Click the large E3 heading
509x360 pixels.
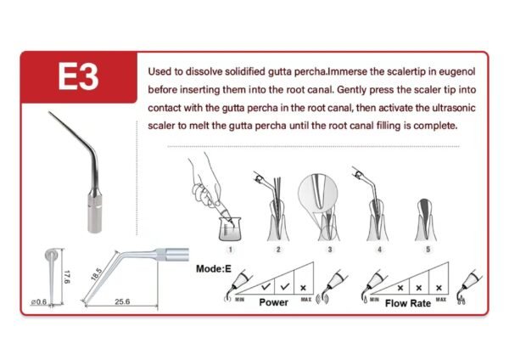point(78,76)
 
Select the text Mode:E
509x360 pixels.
point(214,269)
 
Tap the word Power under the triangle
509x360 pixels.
point(273,302)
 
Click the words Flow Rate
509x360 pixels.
point(408,303)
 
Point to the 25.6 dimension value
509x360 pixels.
point(122,302)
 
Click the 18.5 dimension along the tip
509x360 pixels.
point(97,275)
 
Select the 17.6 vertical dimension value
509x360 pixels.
point(66,277)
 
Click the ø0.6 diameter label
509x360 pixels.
point(39,302)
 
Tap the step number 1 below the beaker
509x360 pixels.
point(230,250)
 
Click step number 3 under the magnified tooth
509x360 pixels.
point(330,250)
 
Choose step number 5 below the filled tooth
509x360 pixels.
point(428,250)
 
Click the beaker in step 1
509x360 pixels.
point(230,229)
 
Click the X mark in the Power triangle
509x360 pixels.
point(303,288)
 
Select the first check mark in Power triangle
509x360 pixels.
point(266,287)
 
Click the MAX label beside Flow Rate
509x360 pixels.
point(440,299)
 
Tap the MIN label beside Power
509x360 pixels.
point(239,299)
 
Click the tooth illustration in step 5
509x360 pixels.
point(426,220)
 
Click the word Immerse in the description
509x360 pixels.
point(347,72)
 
